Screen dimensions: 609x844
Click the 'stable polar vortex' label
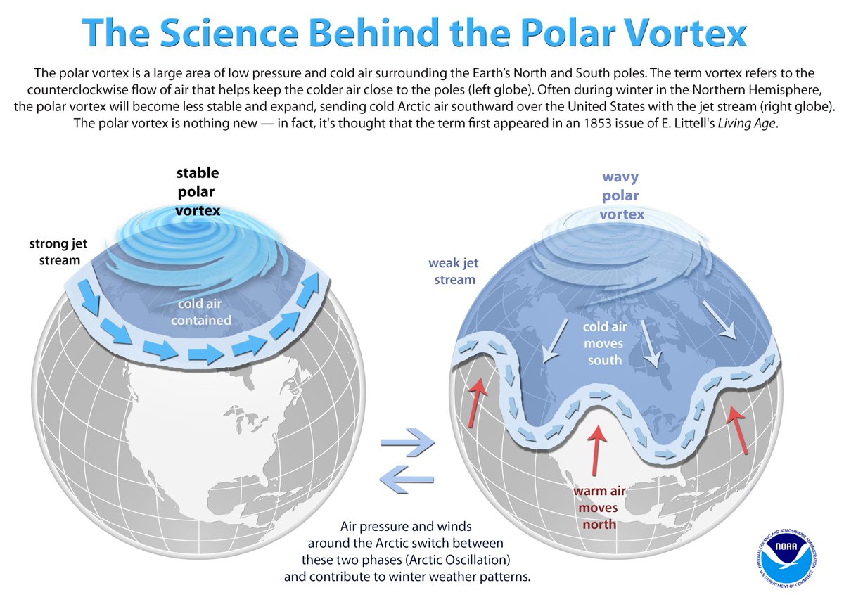(198, 191)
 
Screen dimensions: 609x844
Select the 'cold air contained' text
(204, 312)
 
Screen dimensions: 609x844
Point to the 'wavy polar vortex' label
(622, 196)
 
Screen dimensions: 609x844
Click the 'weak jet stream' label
(452, 271)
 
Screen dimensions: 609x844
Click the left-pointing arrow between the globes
(407, 479)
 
